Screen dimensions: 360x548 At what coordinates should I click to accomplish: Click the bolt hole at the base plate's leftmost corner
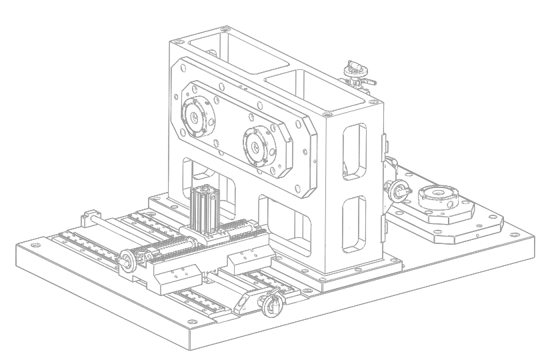coord(25,249)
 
